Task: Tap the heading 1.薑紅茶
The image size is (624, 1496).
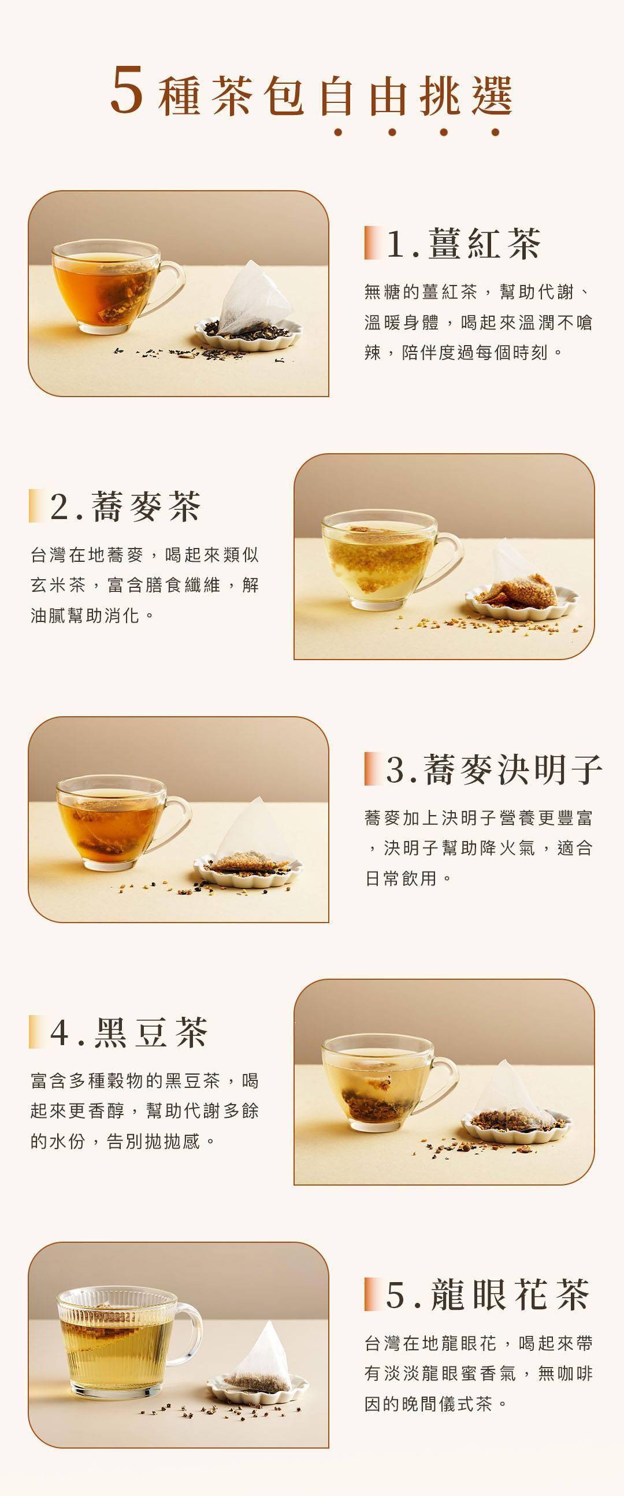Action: (x=463, y=243)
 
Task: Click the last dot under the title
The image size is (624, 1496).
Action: (x=495, y=132)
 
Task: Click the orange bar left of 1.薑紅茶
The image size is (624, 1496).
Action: (x=370, y=243)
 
